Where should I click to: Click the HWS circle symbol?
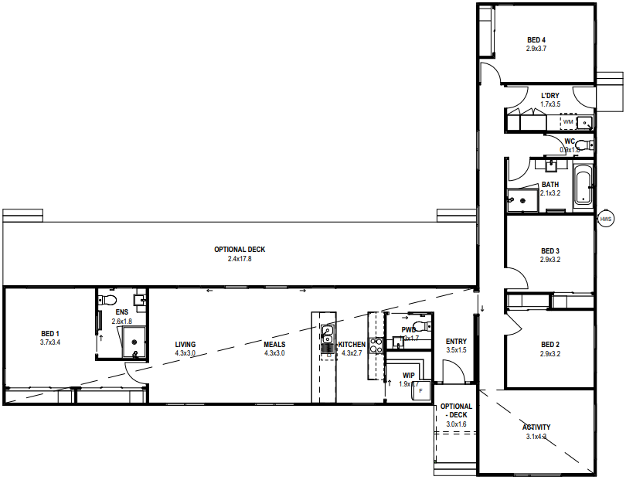click(606, 220)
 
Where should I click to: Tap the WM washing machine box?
click(568, 122)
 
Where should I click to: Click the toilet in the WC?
click(583, 145)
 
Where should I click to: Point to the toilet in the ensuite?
click(109, 299)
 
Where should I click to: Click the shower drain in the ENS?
click(136, 354)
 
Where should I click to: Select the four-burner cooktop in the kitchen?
click(376, 345)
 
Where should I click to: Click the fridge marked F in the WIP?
click(420, 390)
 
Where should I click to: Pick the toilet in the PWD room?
click(419, 326)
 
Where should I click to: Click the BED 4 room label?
click(536, 40)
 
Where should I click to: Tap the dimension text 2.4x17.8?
click(240, 259)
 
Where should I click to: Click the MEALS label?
click(274, 345)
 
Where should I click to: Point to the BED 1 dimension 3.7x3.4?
click(50, 342)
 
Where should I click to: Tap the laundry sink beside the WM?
click(586, 122)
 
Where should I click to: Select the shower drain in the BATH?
click(522, 201)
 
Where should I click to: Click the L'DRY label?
click(550, 95)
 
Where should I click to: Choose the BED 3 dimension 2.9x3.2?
click(549, 260)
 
